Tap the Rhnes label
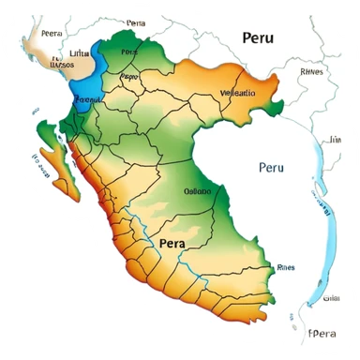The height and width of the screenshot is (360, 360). point(311,70)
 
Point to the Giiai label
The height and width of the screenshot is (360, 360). point(330,298)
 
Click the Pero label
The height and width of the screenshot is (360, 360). point(130,75)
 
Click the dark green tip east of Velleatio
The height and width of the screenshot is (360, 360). point(274,105)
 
